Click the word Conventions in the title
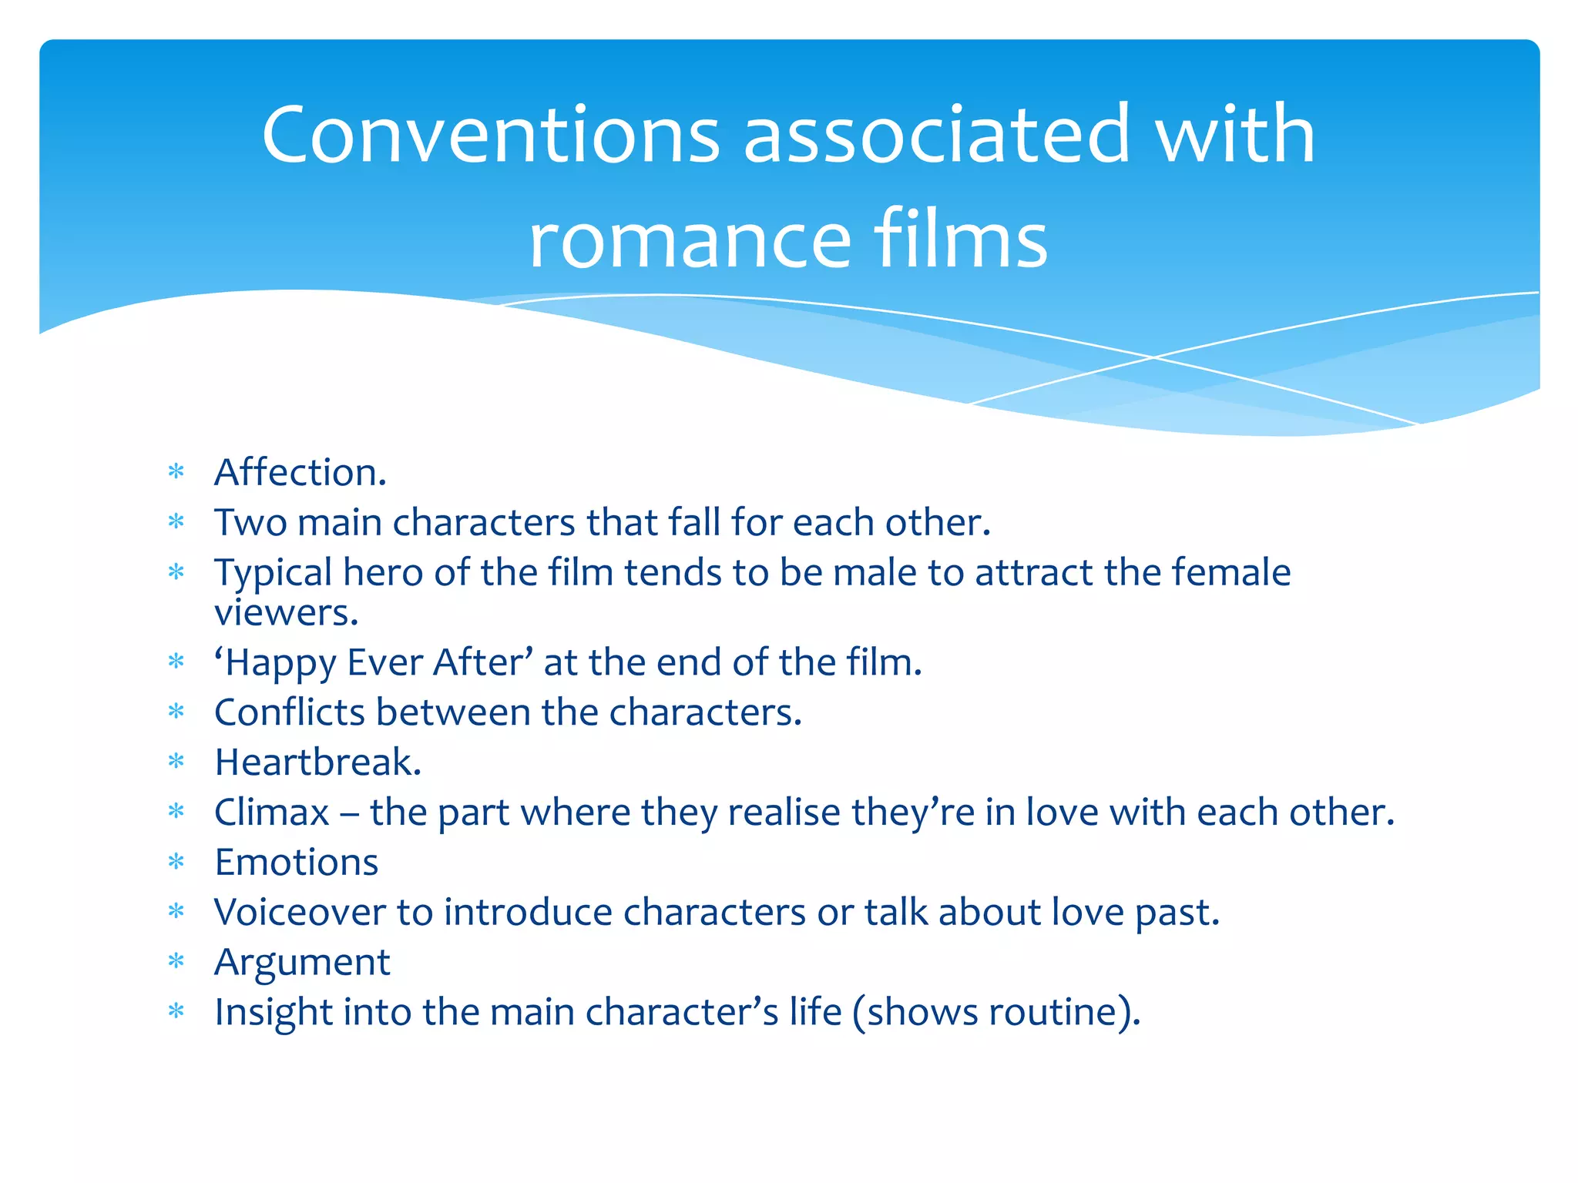coord(491,136)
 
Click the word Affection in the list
coord(297,472)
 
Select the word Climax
coord(272,813)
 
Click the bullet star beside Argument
coord(176,962)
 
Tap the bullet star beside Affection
coord(176,472)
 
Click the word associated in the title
coord(936,136)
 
